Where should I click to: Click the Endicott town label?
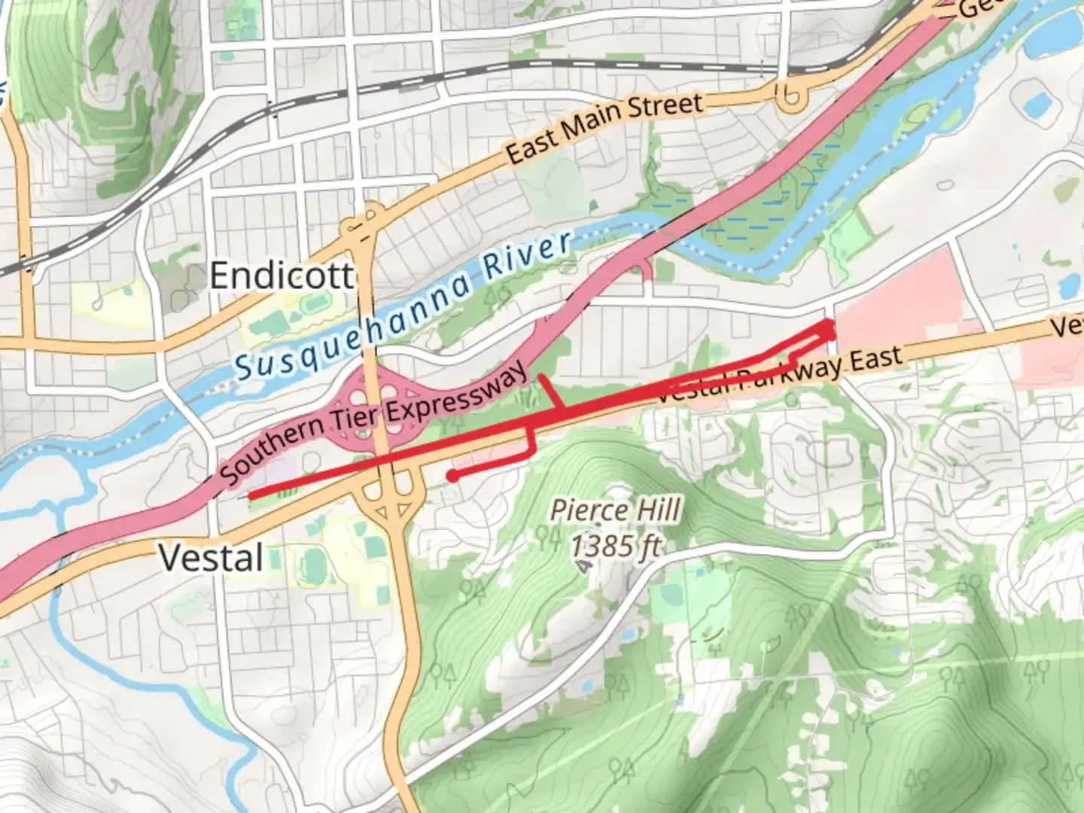281,276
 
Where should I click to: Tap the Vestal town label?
211,559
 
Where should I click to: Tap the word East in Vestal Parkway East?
875,360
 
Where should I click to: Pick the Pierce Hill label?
615,510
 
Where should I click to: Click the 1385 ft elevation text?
615,545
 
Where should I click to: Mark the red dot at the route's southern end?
452,476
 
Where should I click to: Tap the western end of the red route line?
251,495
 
